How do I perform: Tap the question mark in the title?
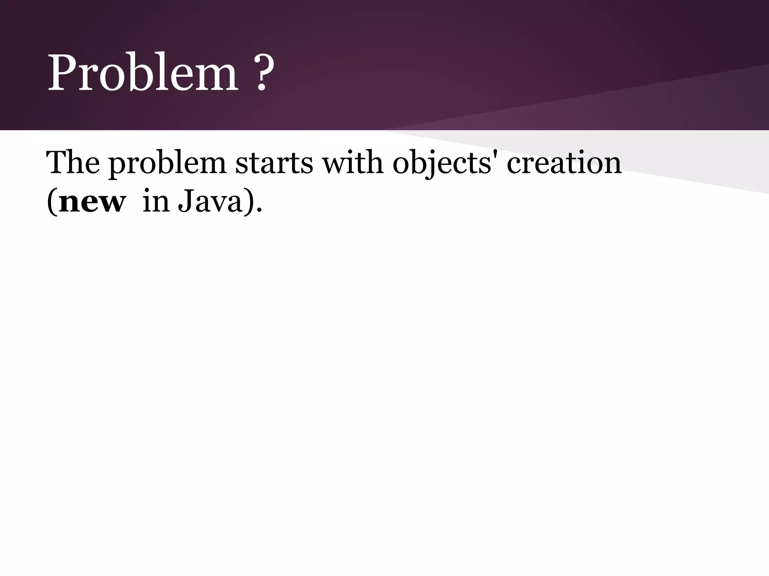(262, 73)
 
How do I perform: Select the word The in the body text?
(73, 163)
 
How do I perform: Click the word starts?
(274, 163)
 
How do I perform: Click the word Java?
(210, 202)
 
